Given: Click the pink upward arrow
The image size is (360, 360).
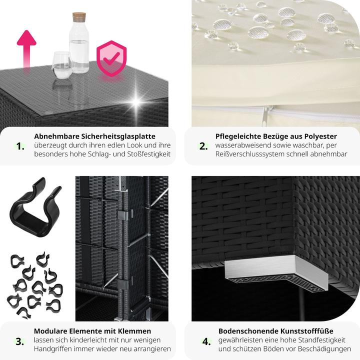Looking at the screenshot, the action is coord(26,49).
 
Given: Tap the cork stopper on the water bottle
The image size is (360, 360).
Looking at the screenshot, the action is coord(79,17).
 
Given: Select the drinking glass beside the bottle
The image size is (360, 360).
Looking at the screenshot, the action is coord(62,65).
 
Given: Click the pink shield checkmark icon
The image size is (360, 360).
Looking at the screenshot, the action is coord(111,58).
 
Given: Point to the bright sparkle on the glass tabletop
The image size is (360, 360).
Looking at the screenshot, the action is coord(136,102).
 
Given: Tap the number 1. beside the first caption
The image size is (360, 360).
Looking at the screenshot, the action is coord(20,146).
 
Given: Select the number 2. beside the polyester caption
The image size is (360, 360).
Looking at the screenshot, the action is coord(203,146).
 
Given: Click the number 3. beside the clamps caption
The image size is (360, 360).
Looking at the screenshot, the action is coord(19,341).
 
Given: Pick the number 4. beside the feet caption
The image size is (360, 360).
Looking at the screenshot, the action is coord(206,341).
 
